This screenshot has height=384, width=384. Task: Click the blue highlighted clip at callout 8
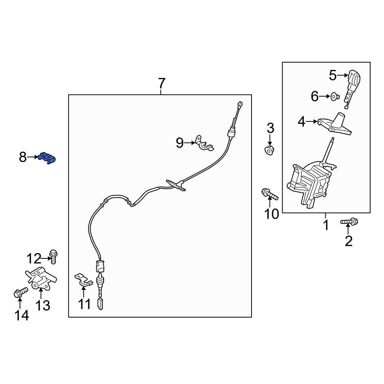(48, 158)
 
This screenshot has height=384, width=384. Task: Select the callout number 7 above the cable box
(161, 83)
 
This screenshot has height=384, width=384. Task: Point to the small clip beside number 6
(334, 96)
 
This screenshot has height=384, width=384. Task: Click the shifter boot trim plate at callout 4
(336, 125)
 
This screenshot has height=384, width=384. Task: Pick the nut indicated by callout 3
(270, 149)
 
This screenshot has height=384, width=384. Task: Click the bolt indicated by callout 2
(349, 222)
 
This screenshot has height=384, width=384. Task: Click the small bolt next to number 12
(53, 255)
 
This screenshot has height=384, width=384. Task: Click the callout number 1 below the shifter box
(326, 225)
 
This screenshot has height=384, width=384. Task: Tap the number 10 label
(272, 214)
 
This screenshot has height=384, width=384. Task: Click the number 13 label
(43, 306)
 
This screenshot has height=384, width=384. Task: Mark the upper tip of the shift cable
(240, 103)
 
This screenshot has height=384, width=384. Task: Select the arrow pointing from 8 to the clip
(34, 157)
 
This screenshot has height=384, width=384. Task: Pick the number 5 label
(333, 75)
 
